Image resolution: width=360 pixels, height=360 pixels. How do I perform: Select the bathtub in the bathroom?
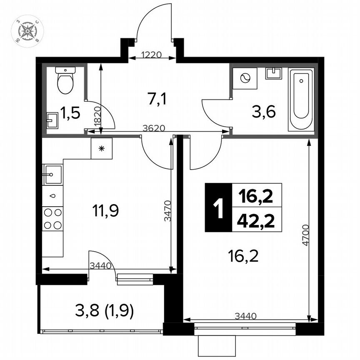[x=301, y=101]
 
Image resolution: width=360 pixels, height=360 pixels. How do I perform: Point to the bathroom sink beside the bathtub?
[x=273, y=74]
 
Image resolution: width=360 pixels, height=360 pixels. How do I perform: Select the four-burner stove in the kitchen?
[x=52, y=219]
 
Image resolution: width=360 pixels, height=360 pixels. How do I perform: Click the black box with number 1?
[x=217, y=207]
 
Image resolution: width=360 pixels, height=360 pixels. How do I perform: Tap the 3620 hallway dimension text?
[x=152, y=128]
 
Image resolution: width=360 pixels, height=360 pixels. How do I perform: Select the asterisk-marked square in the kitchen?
[x=102, y=148]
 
